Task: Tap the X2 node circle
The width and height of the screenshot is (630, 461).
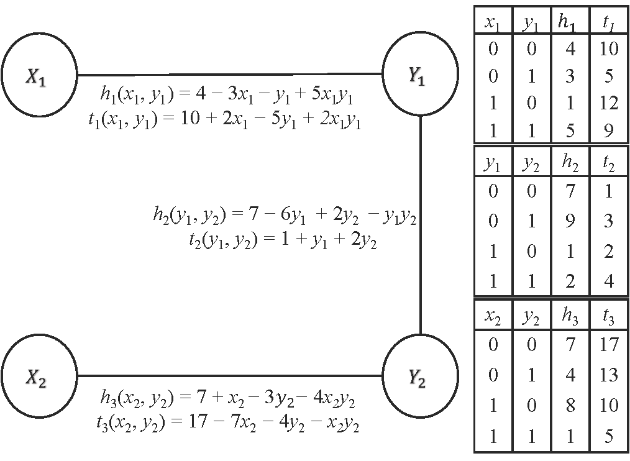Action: point(39,376)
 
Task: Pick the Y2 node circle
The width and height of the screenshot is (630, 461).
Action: point(421,376)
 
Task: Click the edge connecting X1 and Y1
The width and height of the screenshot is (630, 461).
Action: point(230,74)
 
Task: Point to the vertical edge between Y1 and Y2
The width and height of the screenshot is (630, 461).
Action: point(421,224)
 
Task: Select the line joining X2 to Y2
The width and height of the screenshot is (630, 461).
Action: point(230,376)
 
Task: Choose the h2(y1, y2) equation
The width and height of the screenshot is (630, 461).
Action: point(284,215)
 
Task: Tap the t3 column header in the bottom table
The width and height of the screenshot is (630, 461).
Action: point(609,319)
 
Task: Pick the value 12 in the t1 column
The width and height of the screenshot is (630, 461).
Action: point(609,103)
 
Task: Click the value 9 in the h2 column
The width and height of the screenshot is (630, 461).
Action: point(570,221)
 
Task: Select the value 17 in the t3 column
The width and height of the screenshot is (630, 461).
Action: point(609,345)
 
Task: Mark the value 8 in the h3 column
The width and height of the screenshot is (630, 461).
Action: point(570,406)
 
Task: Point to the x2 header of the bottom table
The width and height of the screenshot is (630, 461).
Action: point(493,319)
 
